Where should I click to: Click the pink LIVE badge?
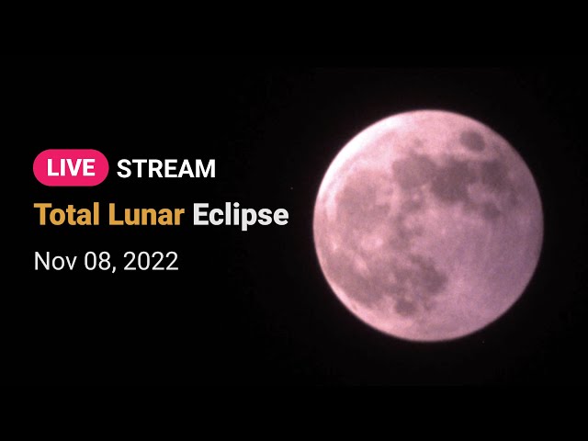[71, 167]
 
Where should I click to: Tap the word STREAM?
[166, 168]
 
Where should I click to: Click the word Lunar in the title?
[146, 214]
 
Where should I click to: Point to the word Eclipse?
[241, 216]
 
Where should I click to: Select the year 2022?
[151, 261]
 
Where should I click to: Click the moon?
[428, 226]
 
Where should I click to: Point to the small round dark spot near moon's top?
[472, 141]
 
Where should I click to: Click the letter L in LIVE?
[51, 168]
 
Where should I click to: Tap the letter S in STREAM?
[124, 168]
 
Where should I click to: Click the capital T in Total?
[41, 214]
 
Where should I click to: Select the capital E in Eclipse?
[200, 214]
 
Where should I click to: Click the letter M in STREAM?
[206, 168]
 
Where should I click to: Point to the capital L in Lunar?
[116, 214]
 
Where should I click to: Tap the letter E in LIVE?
[89, 168]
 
